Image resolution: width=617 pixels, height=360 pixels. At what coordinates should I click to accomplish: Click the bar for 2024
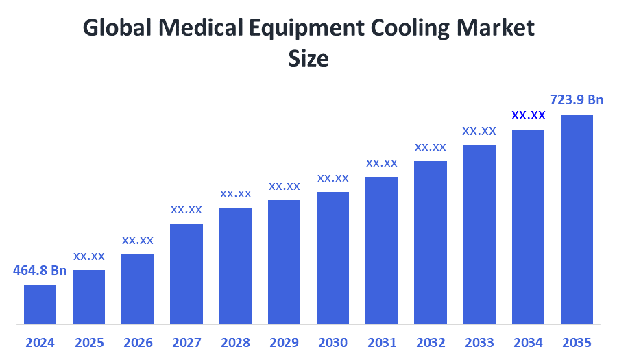point(40,304)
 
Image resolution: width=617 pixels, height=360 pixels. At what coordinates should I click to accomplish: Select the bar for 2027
point(186,273)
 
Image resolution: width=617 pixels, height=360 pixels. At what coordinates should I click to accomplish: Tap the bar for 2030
point(332,257)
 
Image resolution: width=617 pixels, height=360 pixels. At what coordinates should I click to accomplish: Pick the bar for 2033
point(479,234)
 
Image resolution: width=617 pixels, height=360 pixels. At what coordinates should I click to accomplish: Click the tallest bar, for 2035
point(577,218)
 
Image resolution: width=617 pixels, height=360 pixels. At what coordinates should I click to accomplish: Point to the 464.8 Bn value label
point(40,270)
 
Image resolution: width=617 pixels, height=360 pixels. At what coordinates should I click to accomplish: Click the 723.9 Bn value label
point(577,100)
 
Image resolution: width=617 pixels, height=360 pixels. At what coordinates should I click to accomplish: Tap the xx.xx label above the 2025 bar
point(89,256)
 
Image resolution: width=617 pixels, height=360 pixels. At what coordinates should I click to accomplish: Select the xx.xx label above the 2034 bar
point(528,115)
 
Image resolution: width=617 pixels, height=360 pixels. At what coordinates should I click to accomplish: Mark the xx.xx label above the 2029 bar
point(284,186)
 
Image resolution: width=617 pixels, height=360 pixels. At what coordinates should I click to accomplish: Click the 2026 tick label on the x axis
point(138,342)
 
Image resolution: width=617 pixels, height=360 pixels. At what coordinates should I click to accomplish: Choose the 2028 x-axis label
point(235,342)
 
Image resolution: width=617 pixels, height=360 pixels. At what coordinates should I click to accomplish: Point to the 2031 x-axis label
point(381,342)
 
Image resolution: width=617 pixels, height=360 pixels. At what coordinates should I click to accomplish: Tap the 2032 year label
point(431,342)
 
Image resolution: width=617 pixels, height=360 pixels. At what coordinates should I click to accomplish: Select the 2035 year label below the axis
point(577,342)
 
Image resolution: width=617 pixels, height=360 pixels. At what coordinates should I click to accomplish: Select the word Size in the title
point(308,59)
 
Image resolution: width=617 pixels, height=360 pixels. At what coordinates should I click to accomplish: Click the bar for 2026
point(138,289)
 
